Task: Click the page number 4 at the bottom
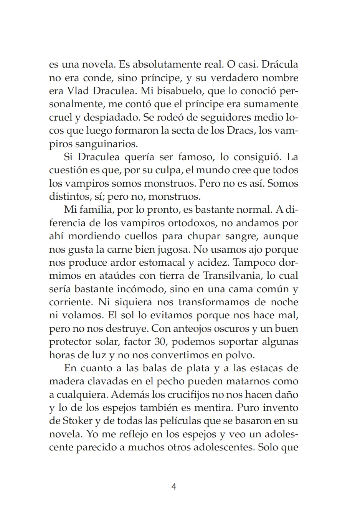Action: click(173, 487)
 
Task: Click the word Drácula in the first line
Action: click(279, 64)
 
